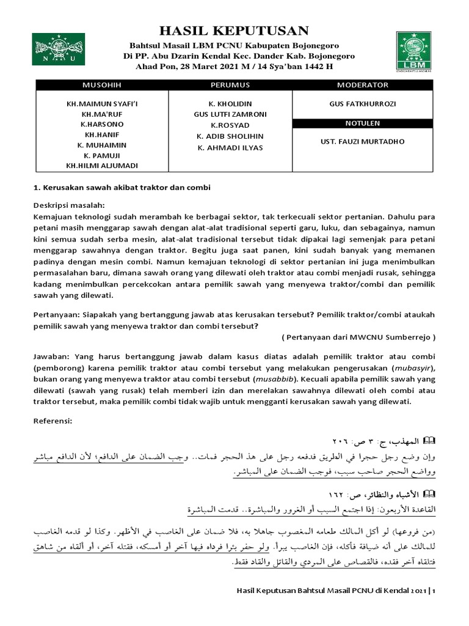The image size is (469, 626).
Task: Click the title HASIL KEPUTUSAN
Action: click(x=234, y=31)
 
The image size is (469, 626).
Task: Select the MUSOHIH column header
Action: click(x=102, y=84)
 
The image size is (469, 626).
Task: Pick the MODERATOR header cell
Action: click(x=363, y=84)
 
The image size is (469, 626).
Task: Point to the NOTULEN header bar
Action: click(x=363, y=123)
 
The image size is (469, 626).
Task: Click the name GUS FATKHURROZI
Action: click(x=363, y=105)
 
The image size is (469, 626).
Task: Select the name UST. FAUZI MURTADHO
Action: click(x=363, y=142)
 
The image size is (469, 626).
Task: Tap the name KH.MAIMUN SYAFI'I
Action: click(x=102, y=105)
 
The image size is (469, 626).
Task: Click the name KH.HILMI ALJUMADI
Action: click(x=102, y=165)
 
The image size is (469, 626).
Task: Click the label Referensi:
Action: click(x=53, y=421)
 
